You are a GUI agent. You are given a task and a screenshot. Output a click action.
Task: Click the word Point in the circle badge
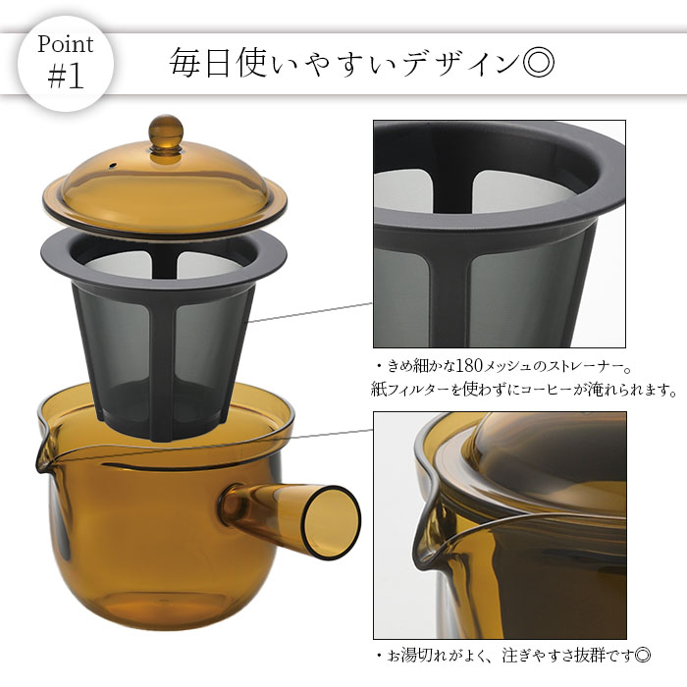[66, 45]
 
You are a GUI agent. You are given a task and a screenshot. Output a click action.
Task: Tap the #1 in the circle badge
[66, 77]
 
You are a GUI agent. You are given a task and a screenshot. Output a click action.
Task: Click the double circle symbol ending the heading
[539, 63]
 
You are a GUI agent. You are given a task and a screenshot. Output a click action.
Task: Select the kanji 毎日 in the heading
[200, 63]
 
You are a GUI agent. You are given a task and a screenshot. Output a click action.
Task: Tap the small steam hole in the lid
[113, 166]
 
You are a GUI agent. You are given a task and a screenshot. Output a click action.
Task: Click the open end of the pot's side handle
[332, 521]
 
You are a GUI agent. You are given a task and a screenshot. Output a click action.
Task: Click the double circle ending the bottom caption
[643, 657]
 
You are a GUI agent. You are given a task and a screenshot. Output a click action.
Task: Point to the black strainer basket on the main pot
[164, 333]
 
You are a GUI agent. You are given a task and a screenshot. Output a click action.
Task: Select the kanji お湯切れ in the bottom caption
[417, 656]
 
